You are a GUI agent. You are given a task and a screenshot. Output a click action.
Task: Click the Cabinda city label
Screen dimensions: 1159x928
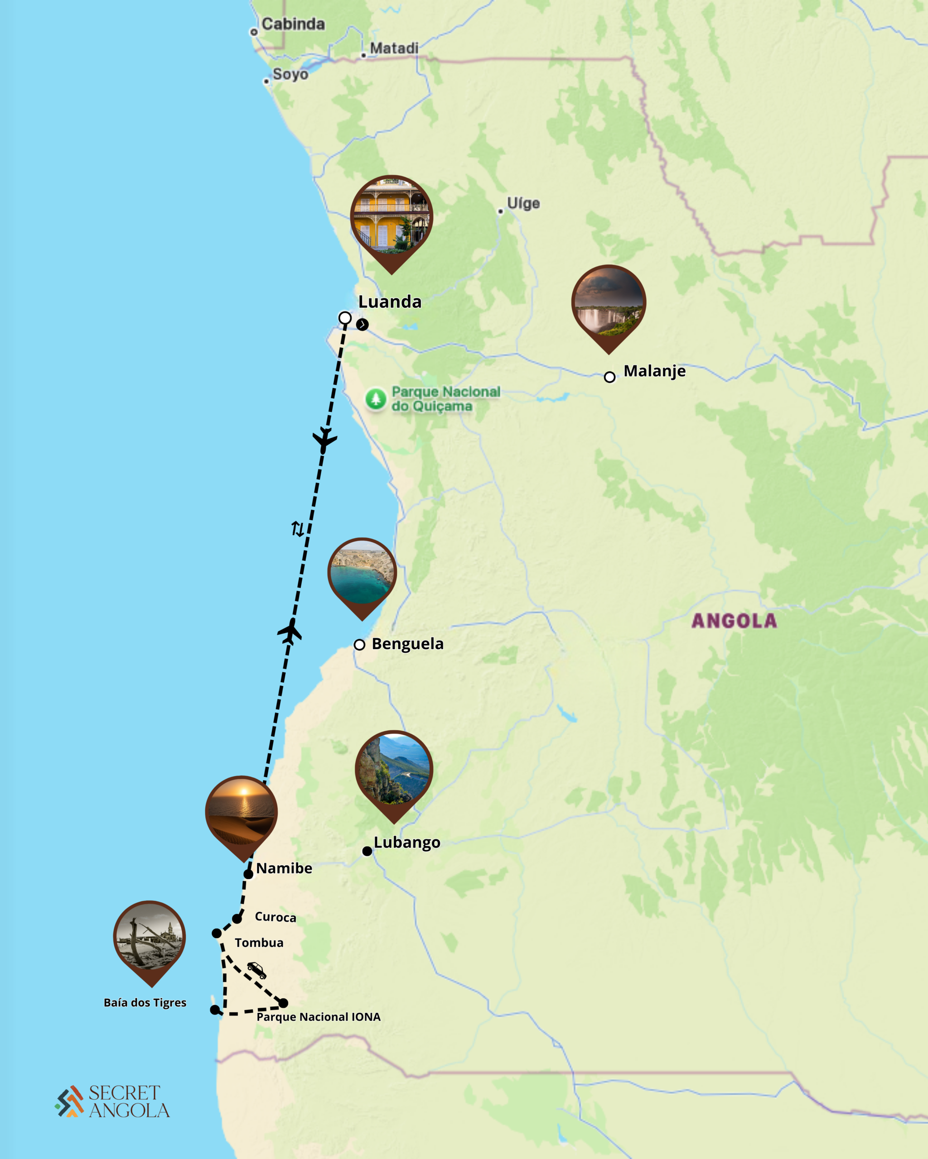click(293, 24)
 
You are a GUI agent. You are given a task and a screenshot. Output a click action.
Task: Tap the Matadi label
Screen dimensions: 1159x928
click(394, 48)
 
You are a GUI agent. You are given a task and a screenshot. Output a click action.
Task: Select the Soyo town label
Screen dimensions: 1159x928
click(290, 74)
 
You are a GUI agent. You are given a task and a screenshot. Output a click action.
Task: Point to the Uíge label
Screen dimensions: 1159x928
click(523, 203)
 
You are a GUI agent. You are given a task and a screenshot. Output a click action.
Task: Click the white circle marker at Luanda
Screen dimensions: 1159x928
click(345, 318)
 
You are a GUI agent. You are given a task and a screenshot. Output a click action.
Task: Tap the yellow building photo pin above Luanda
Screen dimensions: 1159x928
click(391, 218)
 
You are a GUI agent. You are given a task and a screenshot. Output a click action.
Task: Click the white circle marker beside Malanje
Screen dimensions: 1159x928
click(609, 377)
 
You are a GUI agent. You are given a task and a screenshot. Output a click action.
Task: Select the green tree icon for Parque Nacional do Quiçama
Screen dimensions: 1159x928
click(376, 399)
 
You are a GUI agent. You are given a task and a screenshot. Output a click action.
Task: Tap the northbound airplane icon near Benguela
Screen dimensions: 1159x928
click(290, 631)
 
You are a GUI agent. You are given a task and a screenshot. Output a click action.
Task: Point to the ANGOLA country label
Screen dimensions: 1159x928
click(734, 621)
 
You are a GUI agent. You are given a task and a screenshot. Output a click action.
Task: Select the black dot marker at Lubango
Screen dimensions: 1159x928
click(367, 851)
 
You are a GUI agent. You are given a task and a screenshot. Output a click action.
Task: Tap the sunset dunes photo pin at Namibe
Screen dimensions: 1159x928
click(242, 813)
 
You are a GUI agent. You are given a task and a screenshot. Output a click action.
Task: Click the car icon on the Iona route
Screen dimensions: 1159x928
click(256, 970)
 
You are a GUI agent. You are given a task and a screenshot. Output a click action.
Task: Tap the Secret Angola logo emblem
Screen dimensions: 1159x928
click(69, 1101)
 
